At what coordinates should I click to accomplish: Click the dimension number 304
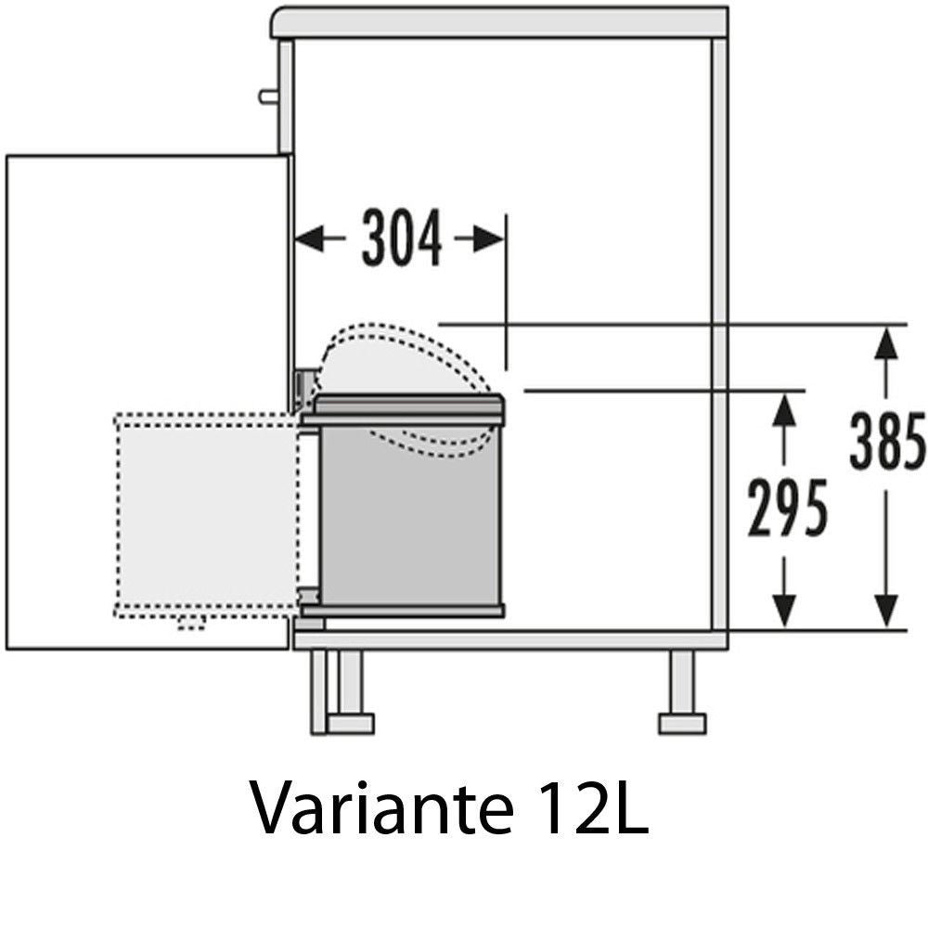point(402,238)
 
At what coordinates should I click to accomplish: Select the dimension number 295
point(787,508)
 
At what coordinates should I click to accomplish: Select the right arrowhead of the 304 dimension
point(489,239)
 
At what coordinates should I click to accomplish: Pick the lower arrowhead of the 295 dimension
point(784,611)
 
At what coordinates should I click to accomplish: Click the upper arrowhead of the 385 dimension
point(886,344)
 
